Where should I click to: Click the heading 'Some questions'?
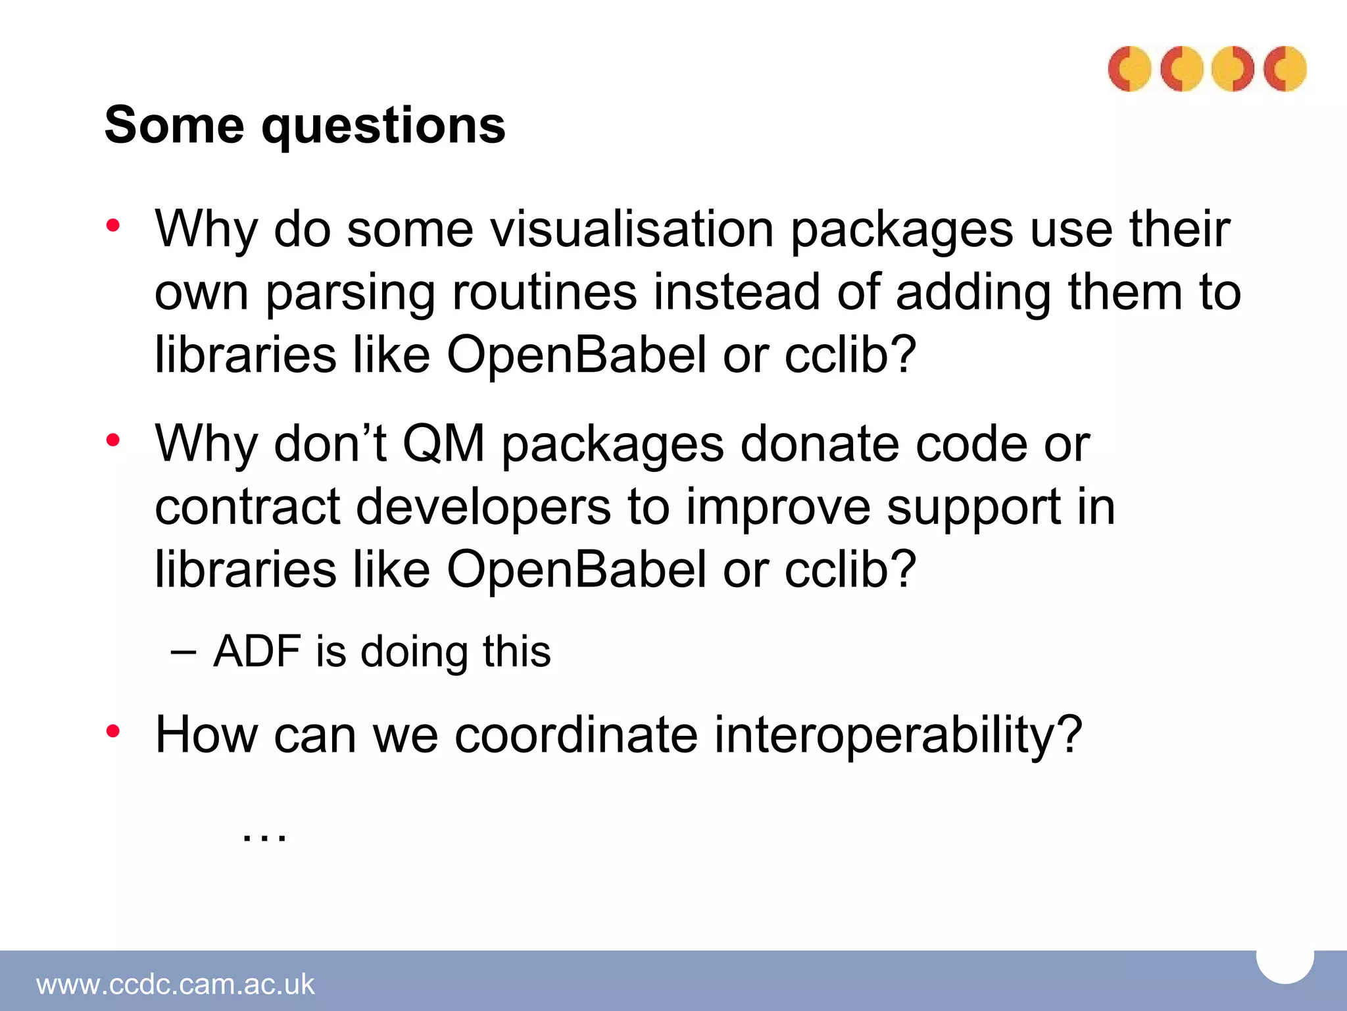(305, 125)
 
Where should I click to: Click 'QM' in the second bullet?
(443, 444)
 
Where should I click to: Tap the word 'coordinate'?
(576, 735)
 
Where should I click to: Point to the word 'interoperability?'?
(898, 735)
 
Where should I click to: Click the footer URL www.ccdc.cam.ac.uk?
(176, 984)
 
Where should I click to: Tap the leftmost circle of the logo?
(1129, 68)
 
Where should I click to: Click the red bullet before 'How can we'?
(113, 731)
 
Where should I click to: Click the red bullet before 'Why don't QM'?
(113, 440)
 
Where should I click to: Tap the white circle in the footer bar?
(1285, 963)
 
